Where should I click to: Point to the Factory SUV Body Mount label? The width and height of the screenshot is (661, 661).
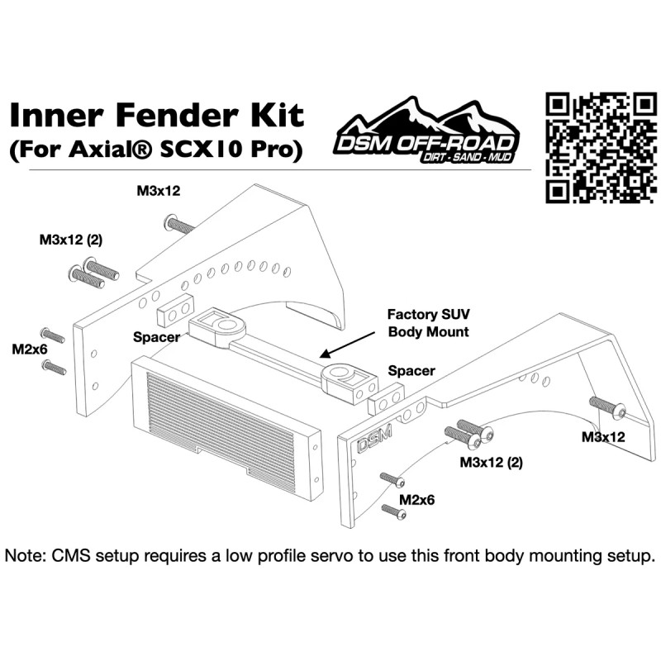(429, 323)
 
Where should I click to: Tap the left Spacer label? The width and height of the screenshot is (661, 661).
(157, 337)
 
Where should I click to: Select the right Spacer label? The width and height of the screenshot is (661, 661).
(411, 371)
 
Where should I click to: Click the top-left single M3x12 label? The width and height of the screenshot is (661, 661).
(159, 191)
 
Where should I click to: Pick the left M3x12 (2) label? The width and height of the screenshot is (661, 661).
(70, 240)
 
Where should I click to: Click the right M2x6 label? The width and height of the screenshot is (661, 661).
(417, 500)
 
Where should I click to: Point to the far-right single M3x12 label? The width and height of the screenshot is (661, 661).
(602, 436)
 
